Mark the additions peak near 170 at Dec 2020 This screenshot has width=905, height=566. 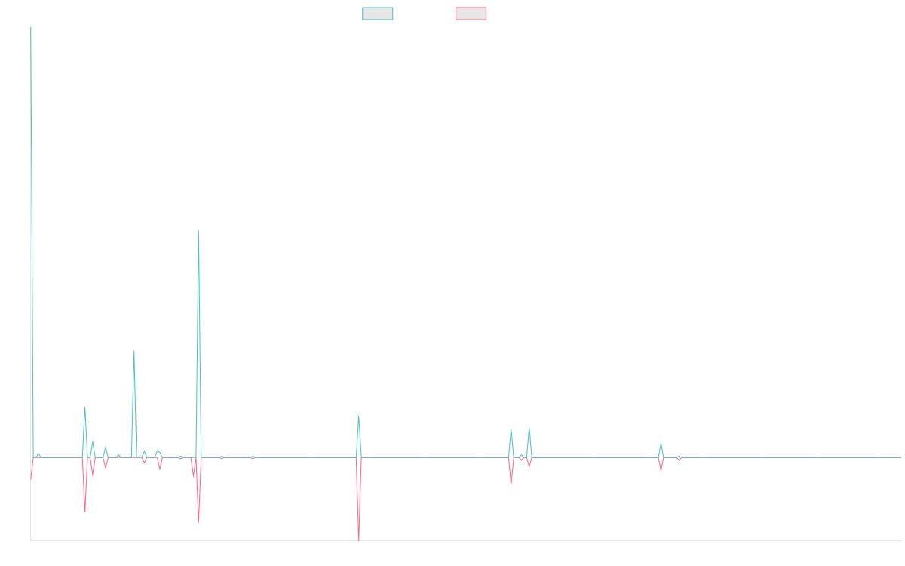pos(198,231)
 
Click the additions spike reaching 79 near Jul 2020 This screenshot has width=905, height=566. pos(134,351)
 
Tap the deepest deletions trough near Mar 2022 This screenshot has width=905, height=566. pos(359,539)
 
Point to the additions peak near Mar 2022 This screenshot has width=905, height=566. pos(359,416)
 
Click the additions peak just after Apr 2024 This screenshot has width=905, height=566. pos(661,443)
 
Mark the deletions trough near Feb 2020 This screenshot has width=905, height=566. pos(85,512)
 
